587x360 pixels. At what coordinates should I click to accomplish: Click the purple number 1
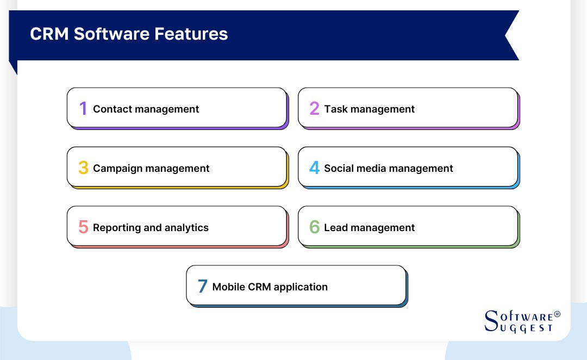click(x=83, y=109)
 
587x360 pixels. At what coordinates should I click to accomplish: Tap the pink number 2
click(x=314, y=109)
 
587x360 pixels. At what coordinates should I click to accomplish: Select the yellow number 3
click(x=83, y=168)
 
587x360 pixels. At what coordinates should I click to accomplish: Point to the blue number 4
click(x=314, y=168)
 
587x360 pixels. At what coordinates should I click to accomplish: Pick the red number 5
click(x=83, y=227)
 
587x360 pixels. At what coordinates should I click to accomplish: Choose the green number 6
click(x=314, y=227)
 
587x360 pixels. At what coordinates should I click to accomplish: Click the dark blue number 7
click(x=202, y=287)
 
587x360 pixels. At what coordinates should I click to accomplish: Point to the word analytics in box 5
click(x=186, y=228)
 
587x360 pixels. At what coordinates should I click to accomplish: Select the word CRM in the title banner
click(x=49, y=34)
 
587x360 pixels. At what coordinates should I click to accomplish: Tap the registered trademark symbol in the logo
click(x=557, y=315)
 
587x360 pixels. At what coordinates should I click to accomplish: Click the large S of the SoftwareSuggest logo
click(x=490, y=321)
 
